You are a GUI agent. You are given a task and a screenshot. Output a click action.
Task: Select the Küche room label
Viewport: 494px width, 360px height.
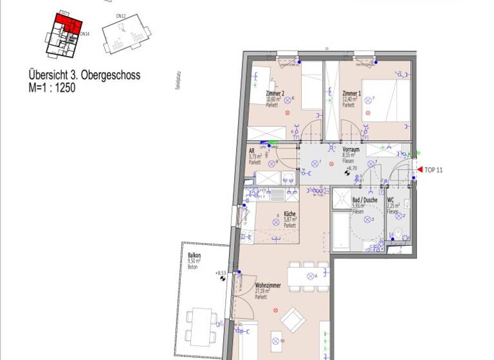pyautogui.click(x=289, y=214)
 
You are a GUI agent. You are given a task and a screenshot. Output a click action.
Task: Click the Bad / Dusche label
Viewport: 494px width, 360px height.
pyautogui.click(x=365, y=201)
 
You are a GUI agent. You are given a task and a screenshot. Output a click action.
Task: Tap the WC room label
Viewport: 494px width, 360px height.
pyautogui.click(x=390, y=201)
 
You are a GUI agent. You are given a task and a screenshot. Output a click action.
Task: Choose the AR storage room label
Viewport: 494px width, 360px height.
pyautogui.click(x=252, y=152)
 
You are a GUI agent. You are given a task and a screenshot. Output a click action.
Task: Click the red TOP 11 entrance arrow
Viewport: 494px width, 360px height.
pyautogui.click(x=419, y=170)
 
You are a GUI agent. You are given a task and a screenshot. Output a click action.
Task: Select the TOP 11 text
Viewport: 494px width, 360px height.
pyautogui.click(x=434, y=170)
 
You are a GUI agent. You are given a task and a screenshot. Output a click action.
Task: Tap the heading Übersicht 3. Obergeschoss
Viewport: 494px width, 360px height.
pyautogui.click(x=84, y=76)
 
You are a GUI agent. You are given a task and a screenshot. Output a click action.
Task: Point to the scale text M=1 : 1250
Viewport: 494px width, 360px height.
pyautogui.click(x=52, y=88)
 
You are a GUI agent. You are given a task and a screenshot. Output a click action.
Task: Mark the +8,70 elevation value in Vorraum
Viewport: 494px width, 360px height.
pyautogui.click(x=351, y=167)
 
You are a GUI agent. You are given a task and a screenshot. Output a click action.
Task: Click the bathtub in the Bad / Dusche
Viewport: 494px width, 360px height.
pyautogui.click(x=341, y=232)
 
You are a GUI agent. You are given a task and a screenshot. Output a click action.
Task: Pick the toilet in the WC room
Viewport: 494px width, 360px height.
pyautogui.click(x=399, y=233)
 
